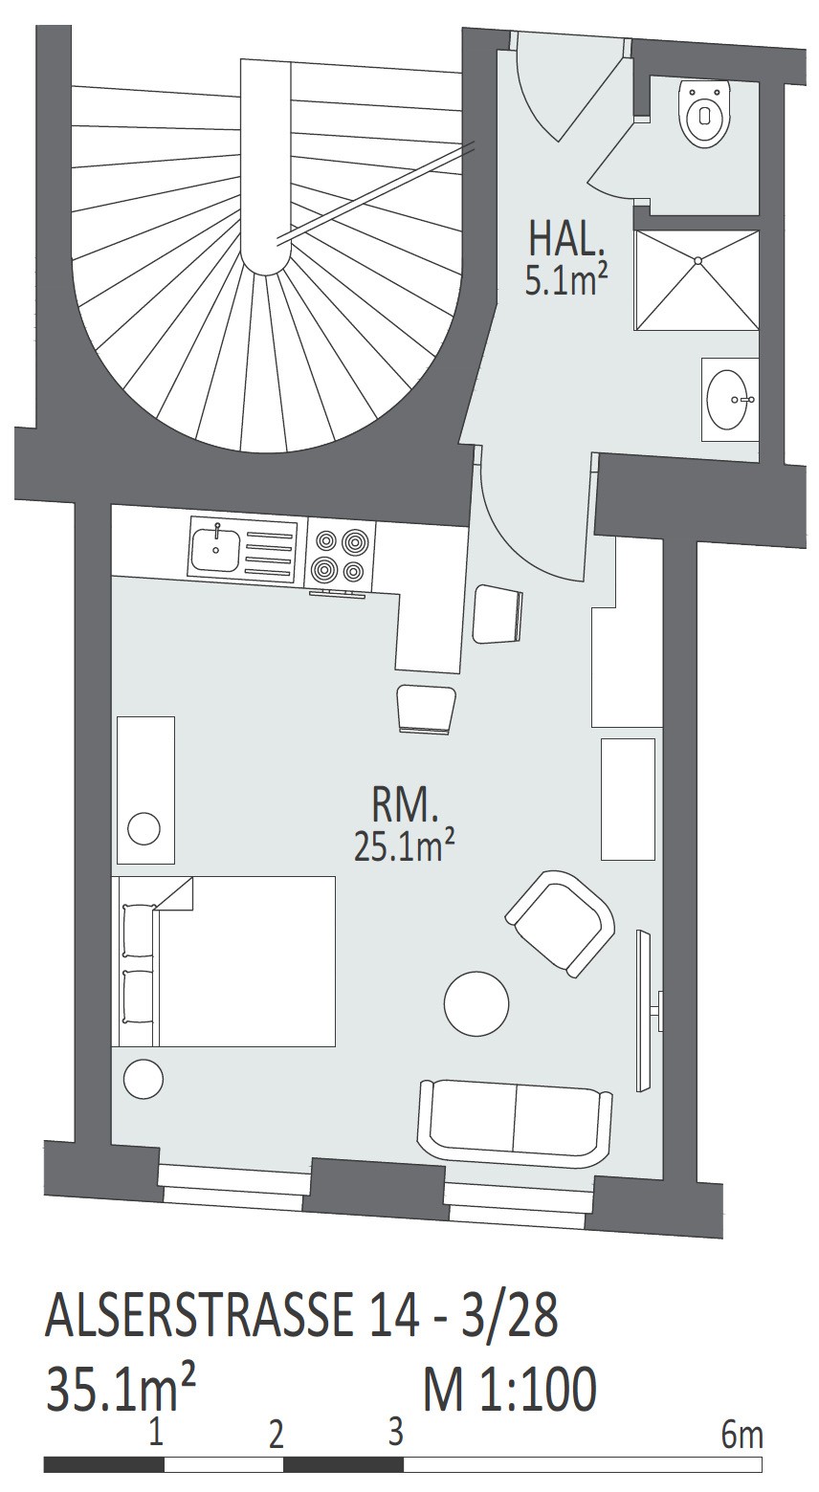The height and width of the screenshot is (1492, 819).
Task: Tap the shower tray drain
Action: pyautogui.click(x=697, y=260)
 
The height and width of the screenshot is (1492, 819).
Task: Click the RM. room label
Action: pyautogui.click(x=404, y=807)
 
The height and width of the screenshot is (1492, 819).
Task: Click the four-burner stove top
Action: pyautogui.click(x=340, y=554)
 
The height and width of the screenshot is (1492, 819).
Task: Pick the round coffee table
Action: pyautogui.click(x=476, y=1003)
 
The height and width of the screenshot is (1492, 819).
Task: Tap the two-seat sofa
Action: pyautogui.click(x=515, y=1122)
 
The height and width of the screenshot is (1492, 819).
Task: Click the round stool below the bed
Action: pyautogui.click(x=144, y=1078)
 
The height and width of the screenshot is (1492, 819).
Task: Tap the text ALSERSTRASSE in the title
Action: pyautogui.click(x=199, y=1315)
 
